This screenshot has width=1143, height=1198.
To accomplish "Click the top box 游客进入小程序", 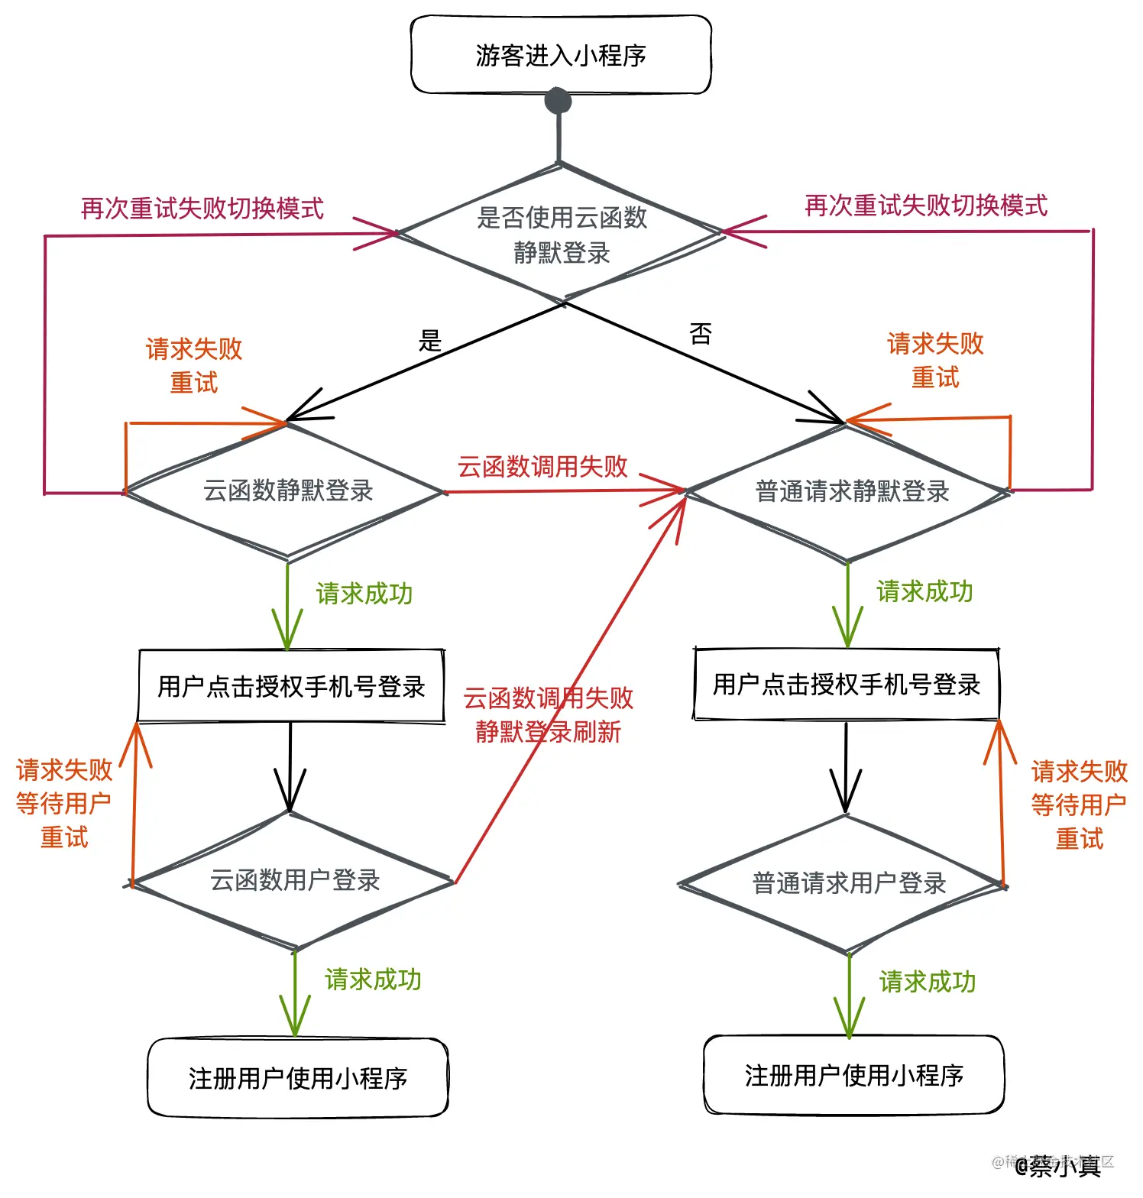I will [x=561, y=56].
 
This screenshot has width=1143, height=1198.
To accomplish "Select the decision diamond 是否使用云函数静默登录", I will [x=562, y=234].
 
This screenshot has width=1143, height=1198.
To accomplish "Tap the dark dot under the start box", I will [x=559, y=100].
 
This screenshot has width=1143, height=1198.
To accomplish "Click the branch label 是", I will [x=430, y=341].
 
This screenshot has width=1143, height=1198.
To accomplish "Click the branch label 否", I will [x=701, y=334].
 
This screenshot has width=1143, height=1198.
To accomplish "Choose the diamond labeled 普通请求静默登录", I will [x=851, y=492].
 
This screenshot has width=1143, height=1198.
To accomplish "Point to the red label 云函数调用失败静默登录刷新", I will [x=548, y=715].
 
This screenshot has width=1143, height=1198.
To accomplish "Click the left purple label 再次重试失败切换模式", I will [x=202, y=209].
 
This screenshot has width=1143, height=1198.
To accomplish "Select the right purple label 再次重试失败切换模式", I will [x=926, y=206].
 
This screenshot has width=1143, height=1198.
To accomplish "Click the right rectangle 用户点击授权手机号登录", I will [x=847, y=685].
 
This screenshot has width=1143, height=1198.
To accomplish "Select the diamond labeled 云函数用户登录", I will [x=294, y=881].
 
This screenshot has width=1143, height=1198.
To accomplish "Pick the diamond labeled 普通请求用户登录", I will [x=849, y=884].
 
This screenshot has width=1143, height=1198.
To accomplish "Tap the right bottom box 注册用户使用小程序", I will [x=853, y=1076].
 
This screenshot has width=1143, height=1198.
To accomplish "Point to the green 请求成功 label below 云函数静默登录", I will [x=364, y=594].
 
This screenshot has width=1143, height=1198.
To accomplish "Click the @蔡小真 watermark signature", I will [x=1058, y=1166].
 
